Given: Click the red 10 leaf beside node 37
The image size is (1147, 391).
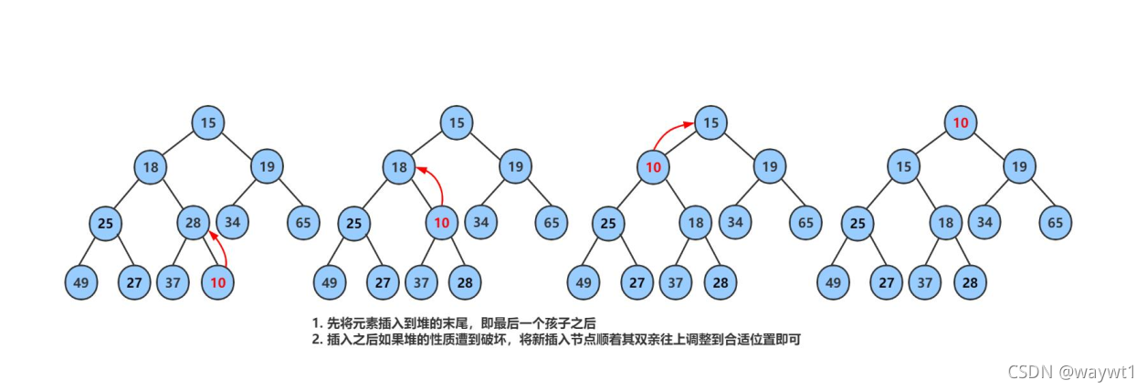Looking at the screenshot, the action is pos(217,282).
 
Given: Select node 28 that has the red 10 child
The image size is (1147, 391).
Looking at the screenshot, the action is pos(193,222).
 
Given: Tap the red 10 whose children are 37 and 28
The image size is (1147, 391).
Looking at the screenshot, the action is pos(442,222).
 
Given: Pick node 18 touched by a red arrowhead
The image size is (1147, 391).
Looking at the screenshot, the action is pos(399,167).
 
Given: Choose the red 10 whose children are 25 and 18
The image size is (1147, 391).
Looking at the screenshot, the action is pos(653,167).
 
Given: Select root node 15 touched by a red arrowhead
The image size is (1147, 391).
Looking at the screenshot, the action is pos(710,122).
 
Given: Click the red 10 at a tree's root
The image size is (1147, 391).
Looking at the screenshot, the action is pos(960,122).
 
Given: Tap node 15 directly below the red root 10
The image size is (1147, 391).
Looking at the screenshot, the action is pos(904,167).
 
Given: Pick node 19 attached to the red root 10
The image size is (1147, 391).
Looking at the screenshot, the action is pos(1019,167).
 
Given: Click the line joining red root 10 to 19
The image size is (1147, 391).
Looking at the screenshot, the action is pos(990,144).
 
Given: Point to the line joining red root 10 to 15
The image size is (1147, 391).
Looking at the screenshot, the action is pos(932,144).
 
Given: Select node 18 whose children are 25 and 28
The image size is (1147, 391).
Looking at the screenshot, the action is pos(151,167).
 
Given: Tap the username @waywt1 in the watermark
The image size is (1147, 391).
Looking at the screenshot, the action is pos(1099,373).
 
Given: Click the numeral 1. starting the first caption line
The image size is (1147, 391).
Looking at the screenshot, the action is pos(317,323).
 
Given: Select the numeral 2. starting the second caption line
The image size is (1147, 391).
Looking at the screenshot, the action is pos(317,340).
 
